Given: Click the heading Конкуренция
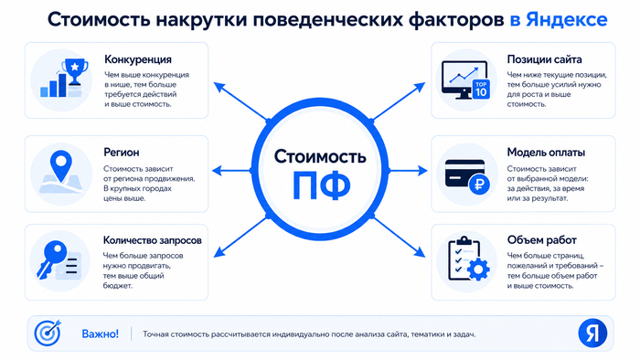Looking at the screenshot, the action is click(138, 59).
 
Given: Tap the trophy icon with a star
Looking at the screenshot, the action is click(75, 71).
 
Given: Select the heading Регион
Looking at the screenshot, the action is click(122, 153).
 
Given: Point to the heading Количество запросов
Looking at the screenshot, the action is click(153, 240).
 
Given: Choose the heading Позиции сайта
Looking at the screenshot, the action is click(544, 59).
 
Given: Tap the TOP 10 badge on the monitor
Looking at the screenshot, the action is click(481, 89).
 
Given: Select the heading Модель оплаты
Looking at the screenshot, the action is click(546, 153).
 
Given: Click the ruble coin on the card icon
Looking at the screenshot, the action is click(479, 185).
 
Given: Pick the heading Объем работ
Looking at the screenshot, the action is click(541, 240).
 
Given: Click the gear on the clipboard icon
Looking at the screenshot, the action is click(478, 270).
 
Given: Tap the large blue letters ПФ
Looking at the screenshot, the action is click(321, 185).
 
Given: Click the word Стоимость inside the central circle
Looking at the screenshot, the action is click(320, 156).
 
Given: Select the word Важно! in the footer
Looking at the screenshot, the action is click(101, 334).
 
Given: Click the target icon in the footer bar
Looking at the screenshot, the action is click(48, 333).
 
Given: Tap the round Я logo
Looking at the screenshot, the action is click(592, 334).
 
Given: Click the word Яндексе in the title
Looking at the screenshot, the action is click(567, 19).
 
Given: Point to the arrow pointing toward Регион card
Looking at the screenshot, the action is click(232, 171).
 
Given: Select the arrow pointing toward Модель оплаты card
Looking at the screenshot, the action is click(408, 171).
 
